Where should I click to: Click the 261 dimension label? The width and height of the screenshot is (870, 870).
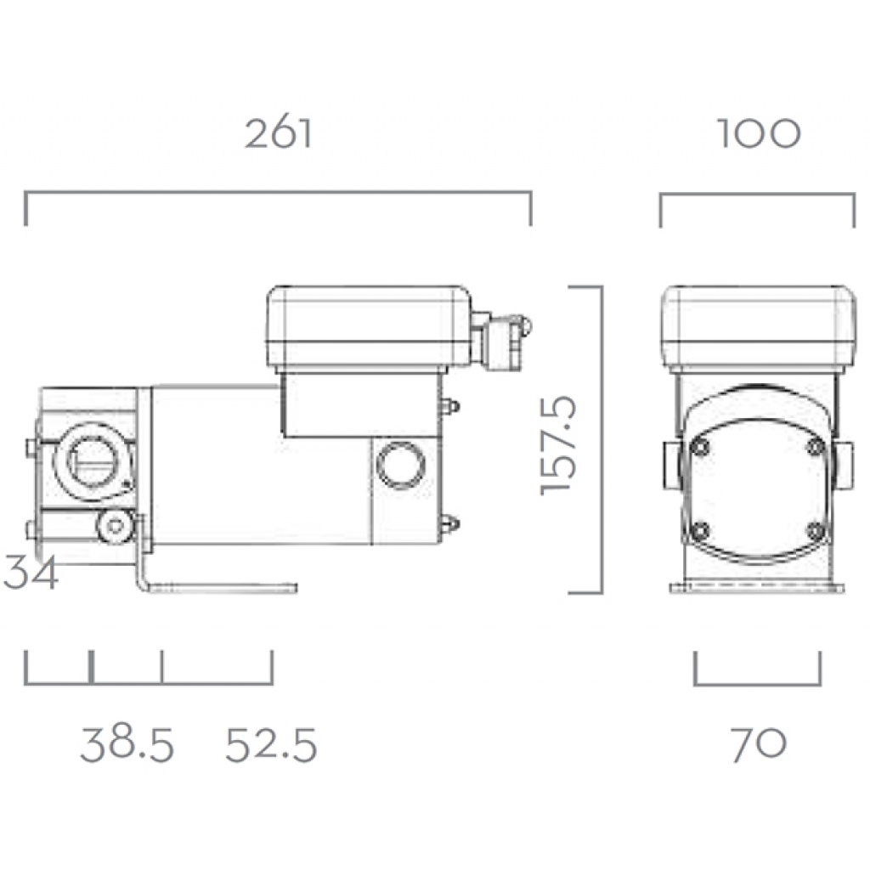[280, 133]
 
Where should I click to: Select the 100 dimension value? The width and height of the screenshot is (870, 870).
[759, 133]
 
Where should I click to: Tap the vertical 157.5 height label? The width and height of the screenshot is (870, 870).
[559, 442]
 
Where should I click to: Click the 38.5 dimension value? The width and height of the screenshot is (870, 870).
[127, 745]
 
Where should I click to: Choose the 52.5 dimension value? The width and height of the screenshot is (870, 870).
[271, 745]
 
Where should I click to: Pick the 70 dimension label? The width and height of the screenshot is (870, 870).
[758, 745]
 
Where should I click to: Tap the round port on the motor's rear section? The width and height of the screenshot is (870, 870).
[401, 464]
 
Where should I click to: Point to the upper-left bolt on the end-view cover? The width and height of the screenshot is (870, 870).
[700, 447]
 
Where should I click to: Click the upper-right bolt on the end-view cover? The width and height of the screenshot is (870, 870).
[815, 447]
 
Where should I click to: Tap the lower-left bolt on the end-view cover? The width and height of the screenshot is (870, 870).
[700, 531]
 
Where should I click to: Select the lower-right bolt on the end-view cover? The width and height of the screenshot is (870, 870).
[815, 531]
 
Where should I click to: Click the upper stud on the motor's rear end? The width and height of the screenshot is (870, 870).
[450, 406]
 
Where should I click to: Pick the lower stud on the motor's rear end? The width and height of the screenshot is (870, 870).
[450, 524]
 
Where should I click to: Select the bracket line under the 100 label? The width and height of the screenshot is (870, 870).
[757, 197]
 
